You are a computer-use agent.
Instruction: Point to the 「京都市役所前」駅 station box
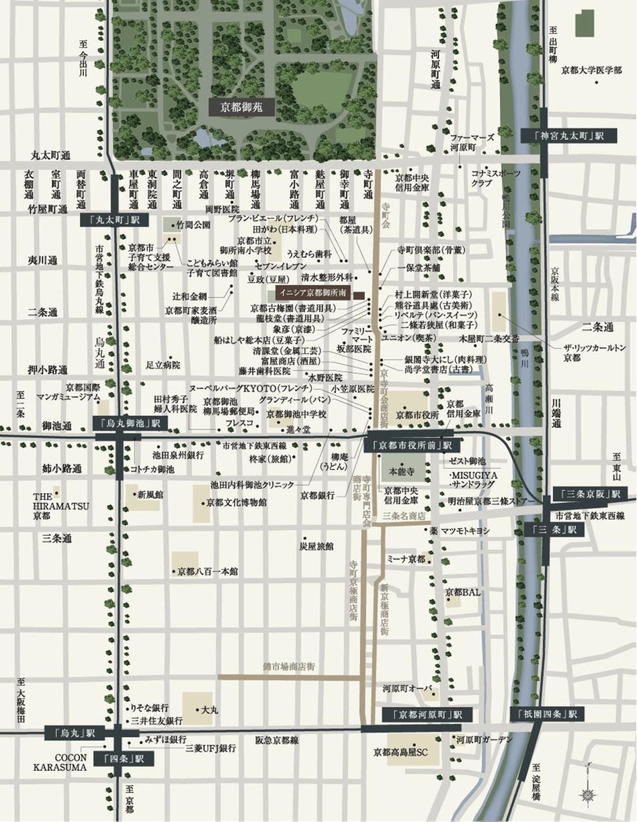(x=411, y=445)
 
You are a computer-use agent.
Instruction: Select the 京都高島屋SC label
(x=400, y=753)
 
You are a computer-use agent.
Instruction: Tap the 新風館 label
(x=150, y=494)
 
